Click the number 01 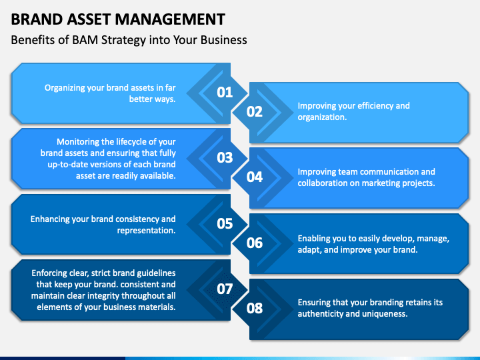click(x=225, y=92)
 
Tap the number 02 click(x=255, y=111)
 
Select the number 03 click(x=225, y=157)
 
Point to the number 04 click(x=255, y=177)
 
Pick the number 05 click(x=225, y=223)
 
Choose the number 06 click(x=255, y=243)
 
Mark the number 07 click(x=225, y=289)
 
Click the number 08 click(x=255, y=308)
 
